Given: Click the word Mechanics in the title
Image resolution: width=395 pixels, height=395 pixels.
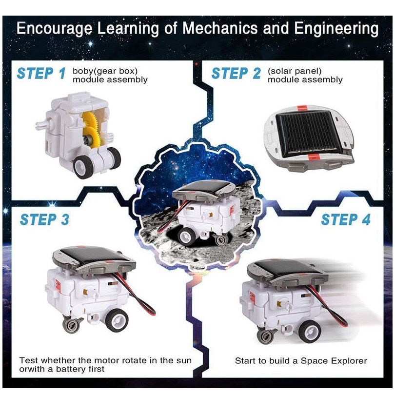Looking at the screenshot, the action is click(x=219, y=28).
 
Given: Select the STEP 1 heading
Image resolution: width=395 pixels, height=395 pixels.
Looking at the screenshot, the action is click(x=41, y=73).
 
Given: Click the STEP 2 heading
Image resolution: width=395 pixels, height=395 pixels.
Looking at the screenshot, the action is click(x=236, y=73).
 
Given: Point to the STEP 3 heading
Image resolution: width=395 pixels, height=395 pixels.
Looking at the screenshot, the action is click(x=44, y=219).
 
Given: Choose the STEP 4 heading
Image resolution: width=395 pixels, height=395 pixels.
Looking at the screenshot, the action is click(x=346, y=219).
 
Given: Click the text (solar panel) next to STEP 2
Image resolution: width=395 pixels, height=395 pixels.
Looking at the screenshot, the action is click(x=295, y=71).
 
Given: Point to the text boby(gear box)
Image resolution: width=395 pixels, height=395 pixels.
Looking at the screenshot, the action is click(x=105, y=71).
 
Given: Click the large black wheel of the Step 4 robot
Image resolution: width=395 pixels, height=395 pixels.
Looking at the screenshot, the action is click(x=310, y=332).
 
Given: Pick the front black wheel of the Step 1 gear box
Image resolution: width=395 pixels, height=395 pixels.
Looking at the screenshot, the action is click(x=82, y=167).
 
